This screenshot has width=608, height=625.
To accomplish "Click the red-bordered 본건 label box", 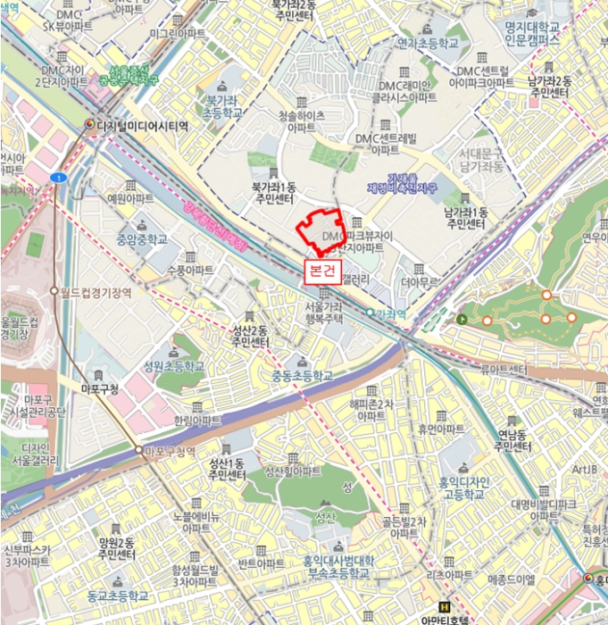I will (321, 270).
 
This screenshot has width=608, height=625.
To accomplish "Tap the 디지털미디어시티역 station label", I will (142, 126).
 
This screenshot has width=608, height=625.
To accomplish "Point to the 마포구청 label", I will (101, 389).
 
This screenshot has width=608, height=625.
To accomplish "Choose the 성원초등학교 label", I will (173, 367).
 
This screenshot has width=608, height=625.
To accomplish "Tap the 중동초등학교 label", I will (302, 376).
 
